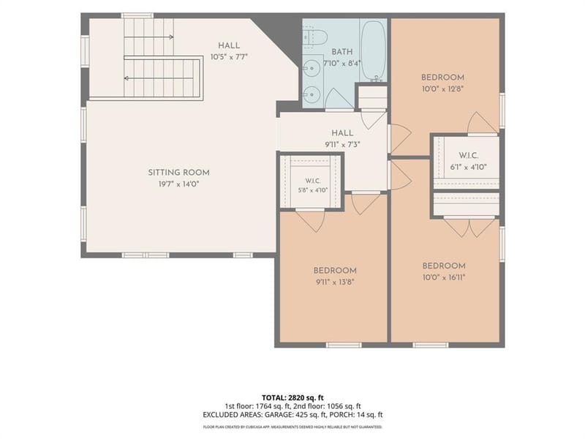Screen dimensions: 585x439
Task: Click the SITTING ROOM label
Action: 178,173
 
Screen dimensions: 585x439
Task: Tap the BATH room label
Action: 342,52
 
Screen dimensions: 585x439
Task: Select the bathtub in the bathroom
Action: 373,50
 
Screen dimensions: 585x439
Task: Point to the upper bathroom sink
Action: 309,68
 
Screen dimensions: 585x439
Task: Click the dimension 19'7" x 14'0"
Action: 178,184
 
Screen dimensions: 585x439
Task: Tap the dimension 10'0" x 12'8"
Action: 442,89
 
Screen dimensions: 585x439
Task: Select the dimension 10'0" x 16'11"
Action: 444,277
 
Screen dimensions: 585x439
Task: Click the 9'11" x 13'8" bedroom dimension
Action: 335,282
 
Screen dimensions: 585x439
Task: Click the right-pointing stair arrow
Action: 149,37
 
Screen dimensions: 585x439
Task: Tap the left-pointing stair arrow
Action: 159,78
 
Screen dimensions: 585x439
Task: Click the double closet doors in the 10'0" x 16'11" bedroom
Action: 469,227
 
